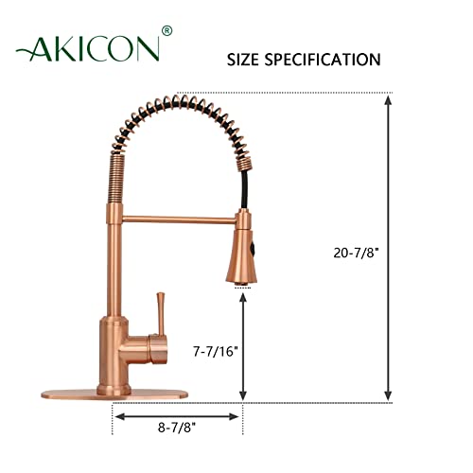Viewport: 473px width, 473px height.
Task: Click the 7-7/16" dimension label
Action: tap(214, 349)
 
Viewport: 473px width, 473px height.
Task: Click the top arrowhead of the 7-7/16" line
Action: tap(244, 298)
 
